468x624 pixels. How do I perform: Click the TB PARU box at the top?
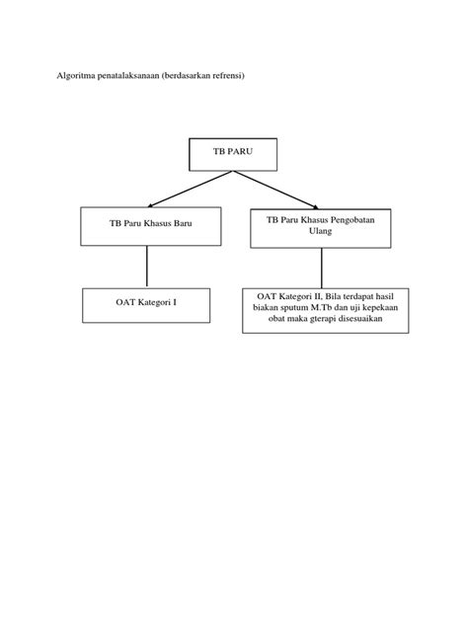[233, 154]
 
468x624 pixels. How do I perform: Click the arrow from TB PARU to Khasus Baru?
[182, 189]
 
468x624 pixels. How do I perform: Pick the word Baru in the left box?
[178, 225]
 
